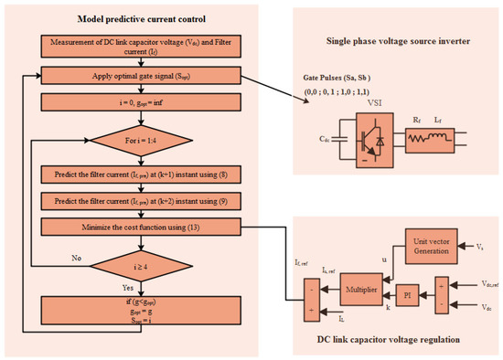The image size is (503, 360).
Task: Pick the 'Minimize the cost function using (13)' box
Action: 141,224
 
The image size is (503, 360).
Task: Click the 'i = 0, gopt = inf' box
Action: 141,102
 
